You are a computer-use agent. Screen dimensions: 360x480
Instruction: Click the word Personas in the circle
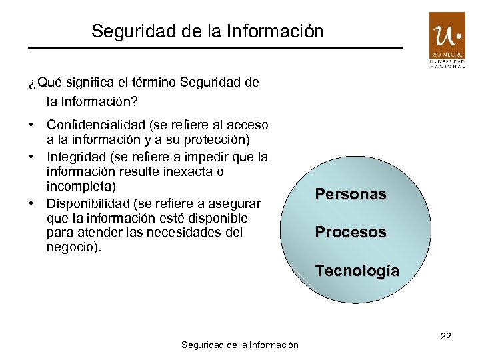pos(351,195)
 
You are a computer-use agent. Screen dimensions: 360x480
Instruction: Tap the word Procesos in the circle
pos(351,233)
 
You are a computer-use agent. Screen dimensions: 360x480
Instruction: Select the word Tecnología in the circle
pos(357,271)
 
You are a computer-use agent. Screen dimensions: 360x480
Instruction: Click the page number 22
pos(446,336)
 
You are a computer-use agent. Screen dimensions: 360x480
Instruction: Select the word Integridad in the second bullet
pos(74,157)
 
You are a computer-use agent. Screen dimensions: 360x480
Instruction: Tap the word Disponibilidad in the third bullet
pos(87,203)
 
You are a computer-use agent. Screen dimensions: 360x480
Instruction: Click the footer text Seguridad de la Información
pos(240,345)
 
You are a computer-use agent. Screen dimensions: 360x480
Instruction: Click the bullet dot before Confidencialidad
pos(31,125)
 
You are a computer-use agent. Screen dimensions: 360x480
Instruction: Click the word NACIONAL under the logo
pos(447,67)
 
